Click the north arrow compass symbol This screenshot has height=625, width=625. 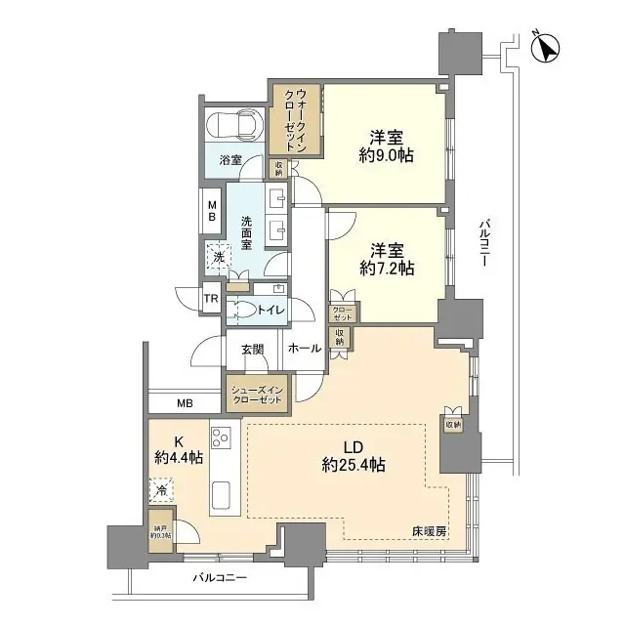point(545,46)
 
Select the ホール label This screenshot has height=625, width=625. point(305,348)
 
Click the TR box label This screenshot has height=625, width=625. point(210,300)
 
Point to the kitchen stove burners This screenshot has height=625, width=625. point(220,437)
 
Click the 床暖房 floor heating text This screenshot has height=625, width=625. point(428,531)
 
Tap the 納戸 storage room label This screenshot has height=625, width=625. point(160,529)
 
